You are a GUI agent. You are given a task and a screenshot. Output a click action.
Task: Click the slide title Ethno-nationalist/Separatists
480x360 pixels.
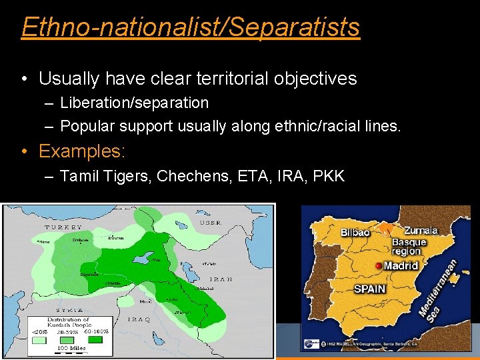[x=190, y=27]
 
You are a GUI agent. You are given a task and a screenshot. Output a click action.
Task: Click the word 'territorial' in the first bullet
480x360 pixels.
[x=229, y=79]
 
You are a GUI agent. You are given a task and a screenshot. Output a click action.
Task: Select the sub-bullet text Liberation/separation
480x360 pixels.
[x=134, y=103]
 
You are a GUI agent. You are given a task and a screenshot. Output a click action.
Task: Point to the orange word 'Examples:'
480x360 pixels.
[x=81, y=151]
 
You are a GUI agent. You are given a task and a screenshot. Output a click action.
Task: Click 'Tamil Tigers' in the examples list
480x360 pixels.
[x=104, y=176]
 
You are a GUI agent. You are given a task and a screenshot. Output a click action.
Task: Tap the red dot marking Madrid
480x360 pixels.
[x=380, y=265]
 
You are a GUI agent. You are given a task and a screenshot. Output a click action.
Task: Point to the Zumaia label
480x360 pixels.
[x=420, y=231]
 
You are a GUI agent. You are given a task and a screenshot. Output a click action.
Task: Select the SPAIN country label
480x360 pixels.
[x=369, y=289]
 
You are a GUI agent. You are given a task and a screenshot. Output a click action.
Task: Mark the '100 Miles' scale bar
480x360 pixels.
[x=71, y=348]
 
